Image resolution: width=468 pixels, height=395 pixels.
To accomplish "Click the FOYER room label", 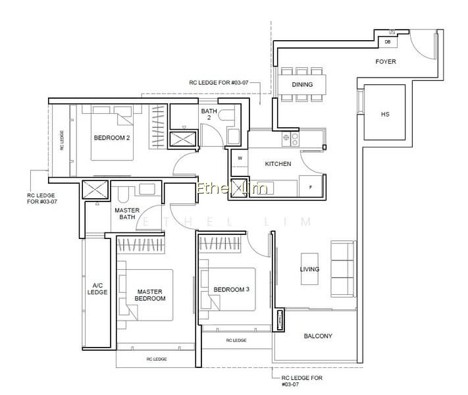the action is point(386,61).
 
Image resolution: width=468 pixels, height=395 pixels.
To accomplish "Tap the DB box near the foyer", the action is point(388,41).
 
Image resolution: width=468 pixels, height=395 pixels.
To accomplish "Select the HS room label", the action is point(385,114).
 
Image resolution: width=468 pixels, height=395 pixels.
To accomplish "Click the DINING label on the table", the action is point(302,84).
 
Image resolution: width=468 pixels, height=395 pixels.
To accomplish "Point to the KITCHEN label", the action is point(278,164).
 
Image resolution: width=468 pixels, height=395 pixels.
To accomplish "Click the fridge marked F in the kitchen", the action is point(311,186).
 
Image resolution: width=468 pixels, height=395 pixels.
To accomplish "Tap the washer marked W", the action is point(240,158).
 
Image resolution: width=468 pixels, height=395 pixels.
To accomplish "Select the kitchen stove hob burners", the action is point(290,139).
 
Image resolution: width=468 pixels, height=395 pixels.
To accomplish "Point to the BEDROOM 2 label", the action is point(112,138).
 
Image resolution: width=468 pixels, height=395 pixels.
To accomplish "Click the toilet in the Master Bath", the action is point(123,195).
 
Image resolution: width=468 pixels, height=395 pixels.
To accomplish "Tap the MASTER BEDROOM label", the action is point(150,295).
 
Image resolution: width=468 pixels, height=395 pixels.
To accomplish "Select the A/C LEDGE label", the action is point(97,289).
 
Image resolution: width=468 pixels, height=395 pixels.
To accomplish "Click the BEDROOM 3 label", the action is point(231,289).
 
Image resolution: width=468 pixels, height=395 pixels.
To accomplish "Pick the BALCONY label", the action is point(318,336).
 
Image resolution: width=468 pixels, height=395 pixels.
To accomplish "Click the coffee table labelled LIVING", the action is point(309,269).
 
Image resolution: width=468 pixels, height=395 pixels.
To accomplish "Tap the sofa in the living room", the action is point(343,269).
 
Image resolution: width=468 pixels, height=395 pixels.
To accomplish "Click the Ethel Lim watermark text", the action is point(232,189).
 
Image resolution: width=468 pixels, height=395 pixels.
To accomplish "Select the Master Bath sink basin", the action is point(147,190).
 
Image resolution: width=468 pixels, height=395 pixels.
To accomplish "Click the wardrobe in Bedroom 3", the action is point(220,243).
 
